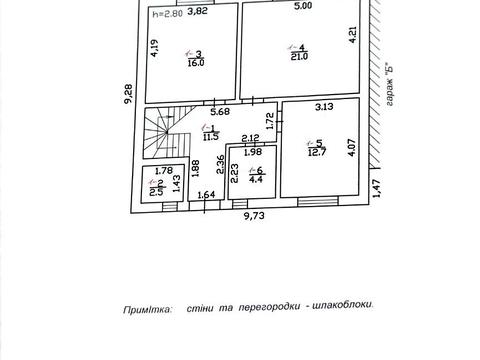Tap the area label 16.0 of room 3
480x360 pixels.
196,61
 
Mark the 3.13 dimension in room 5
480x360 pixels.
324,105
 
